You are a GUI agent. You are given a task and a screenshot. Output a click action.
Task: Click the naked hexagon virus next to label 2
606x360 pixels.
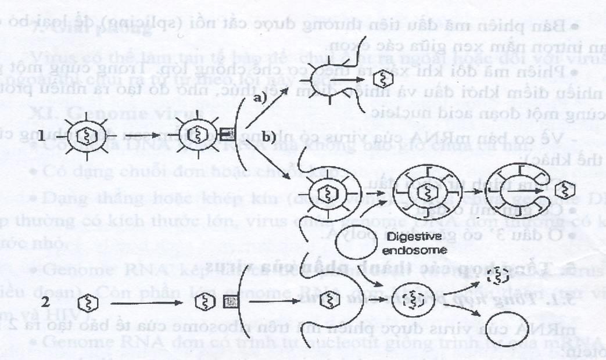92,303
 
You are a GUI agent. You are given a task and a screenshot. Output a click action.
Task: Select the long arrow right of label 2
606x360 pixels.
148,303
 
